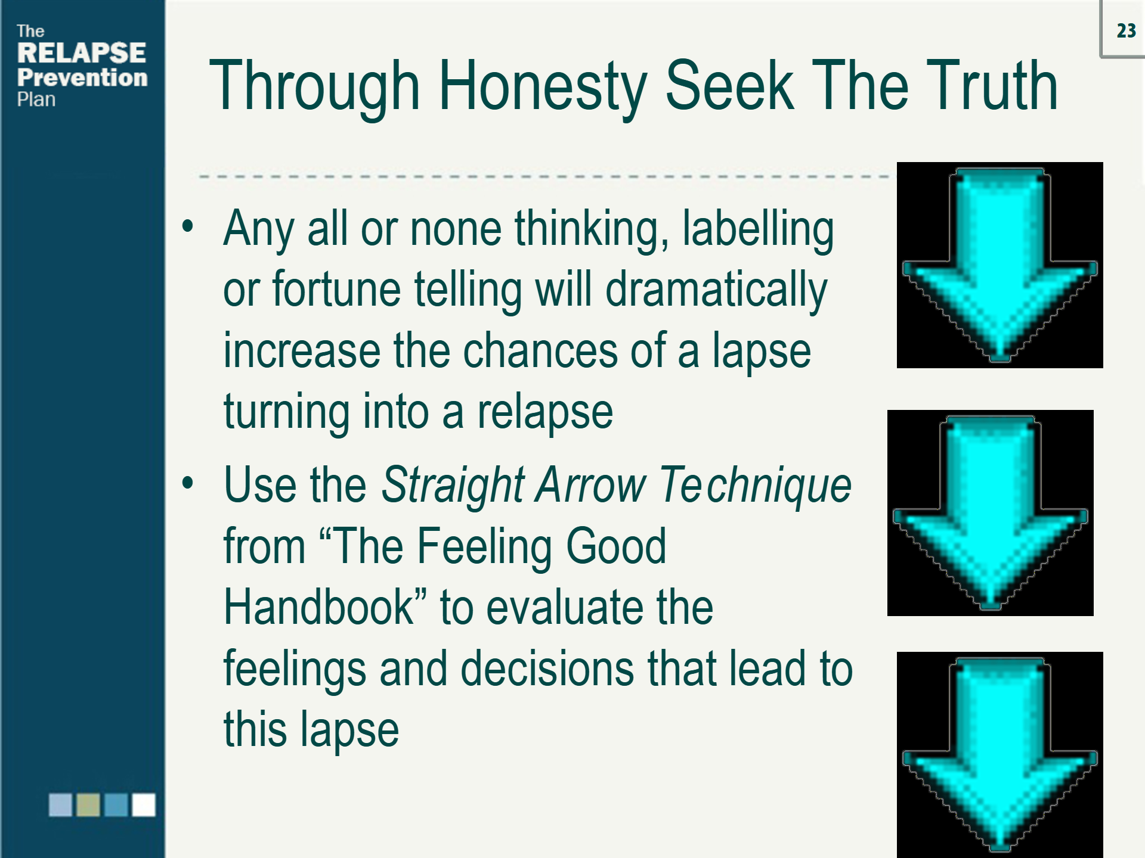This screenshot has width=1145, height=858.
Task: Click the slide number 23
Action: coord(1126,31)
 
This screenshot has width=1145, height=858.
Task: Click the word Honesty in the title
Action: coord(543,86)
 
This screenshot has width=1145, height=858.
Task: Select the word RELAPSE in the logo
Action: coord(82,53)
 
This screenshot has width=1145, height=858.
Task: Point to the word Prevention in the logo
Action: coord(82,77)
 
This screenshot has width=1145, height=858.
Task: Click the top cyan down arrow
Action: coord(999,265)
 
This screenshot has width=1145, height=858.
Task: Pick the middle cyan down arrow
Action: coord(990,513)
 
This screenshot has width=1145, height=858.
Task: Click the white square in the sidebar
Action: coord(144,805)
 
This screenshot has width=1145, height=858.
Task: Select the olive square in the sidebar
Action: coord(88,805)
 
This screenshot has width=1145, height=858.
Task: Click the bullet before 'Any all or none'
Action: coord(188,226)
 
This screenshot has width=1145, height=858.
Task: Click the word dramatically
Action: coord(716,291)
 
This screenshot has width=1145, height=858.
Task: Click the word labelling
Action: coord(758,229)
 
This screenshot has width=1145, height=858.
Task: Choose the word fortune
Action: coord(336,290)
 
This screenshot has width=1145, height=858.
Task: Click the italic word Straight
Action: coord(453,485)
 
